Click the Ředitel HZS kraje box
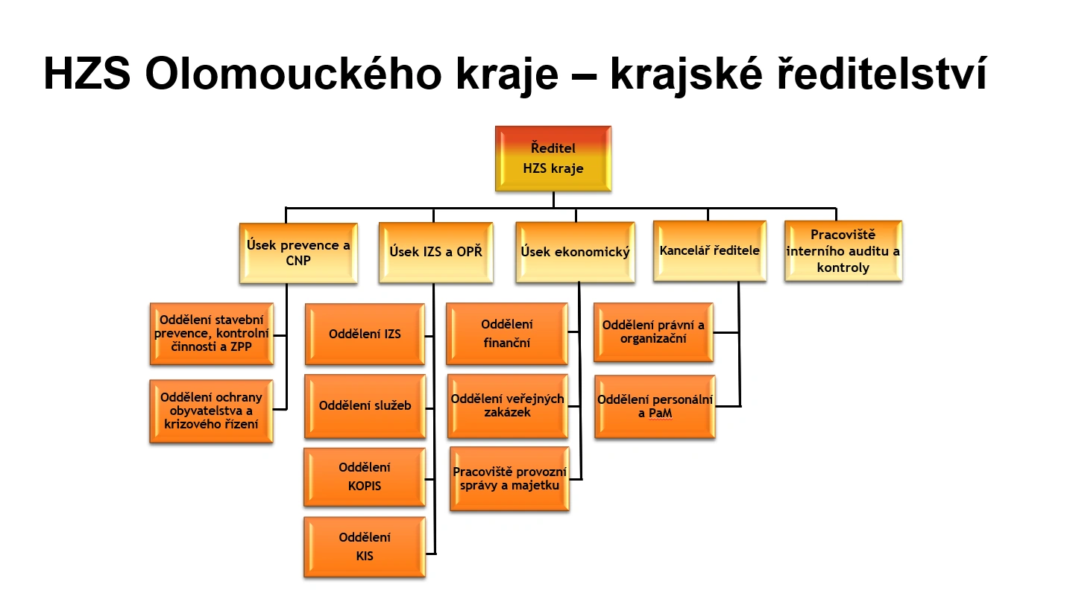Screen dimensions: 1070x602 point(553,159)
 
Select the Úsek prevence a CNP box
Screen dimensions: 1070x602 point(298,253)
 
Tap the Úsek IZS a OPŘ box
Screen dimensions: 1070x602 point(435,252)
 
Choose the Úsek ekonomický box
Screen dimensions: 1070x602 point(575,252)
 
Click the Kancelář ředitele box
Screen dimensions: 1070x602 point(710,250)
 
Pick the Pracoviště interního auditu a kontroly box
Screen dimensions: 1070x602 point(843,250)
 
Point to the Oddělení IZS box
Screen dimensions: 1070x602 point(365,335)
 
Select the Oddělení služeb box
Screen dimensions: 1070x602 point(365,406)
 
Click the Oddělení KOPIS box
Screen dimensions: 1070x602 point(365,477)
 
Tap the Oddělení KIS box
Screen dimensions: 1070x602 point(365,547)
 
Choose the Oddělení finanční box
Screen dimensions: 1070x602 point(507,334)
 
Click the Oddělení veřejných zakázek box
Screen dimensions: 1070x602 point(507,406)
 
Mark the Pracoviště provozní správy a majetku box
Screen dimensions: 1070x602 point(509,479)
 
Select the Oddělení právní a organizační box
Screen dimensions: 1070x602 point(653,332)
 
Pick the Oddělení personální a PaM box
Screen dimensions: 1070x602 point(655,407)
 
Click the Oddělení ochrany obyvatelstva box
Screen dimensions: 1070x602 point(211,411)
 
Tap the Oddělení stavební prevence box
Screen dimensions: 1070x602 point(212,334)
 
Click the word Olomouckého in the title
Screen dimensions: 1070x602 point(294,74)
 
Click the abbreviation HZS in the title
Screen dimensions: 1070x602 point(87,74)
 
